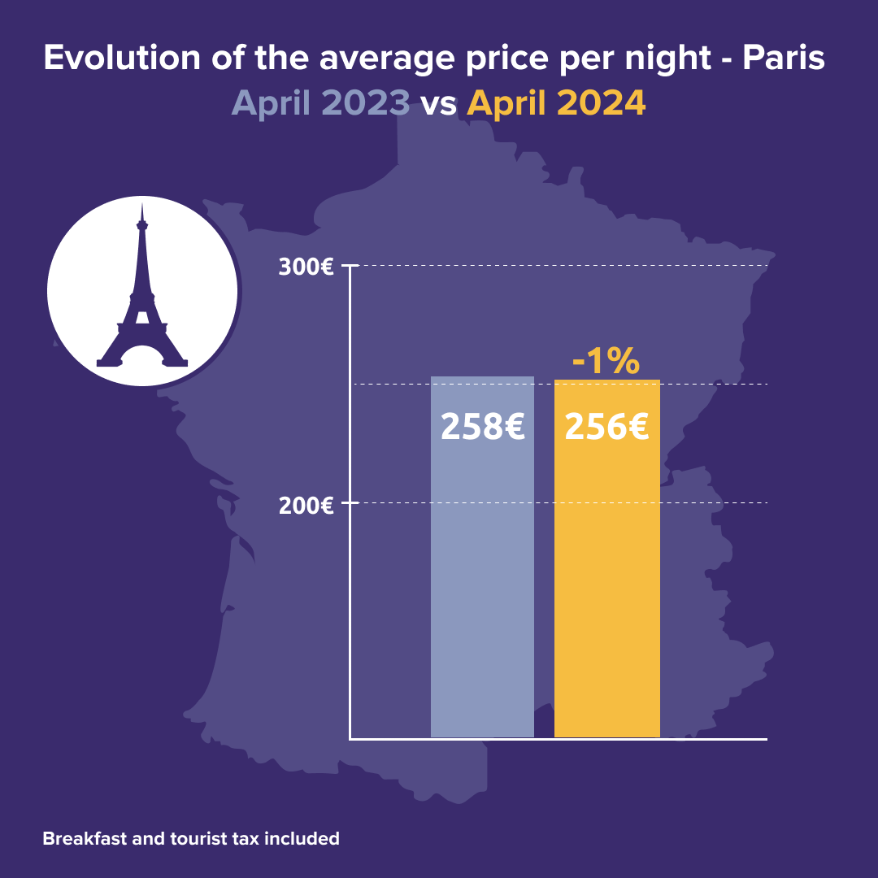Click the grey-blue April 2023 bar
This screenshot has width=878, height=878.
482,585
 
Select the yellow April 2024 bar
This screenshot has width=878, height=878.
606,585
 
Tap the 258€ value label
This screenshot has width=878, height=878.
482,427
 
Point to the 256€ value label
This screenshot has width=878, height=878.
606,427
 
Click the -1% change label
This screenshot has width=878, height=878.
606,362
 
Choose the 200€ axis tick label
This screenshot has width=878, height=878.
306,505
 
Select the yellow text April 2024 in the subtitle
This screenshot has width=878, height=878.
557,103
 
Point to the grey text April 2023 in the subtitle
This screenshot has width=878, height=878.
320,103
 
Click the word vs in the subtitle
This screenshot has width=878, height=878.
439,105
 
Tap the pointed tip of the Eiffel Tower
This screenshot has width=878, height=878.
142,205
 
